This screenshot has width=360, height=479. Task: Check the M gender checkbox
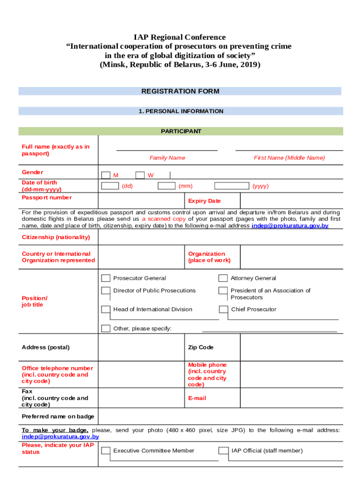106,175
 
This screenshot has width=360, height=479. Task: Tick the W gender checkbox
140,175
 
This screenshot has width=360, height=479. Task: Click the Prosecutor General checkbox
106,278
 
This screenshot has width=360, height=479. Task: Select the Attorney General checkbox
223,278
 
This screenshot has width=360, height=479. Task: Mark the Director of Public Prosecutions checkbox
106,291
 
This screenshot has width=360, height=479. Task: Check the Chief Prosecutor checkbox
223,309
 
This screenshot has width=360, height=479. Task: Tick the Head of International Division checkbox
106,309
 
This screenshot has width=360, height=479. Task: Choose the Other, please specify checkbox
106,328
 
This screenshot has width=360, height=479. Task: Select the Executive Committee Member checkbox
106,451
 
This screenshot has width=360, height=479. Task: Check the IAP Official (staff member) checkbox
223,451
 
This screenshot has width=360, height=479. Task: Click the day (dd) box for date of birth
110,186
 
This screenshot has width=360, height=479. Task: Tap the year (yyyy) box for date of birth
231,186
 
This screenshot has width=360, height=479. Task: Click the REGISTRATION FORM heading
180,91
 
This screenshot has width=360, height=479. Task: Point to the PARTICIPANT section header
181,131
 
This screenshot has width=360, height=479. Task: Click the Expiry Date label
204,201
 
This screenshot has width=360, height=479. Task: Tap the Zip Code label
201,347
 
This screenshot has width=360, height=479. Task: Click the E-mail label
197,398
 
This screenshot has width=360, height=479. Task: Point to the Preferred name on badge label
58,416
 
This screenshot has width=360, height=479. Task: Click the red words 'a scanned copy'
164,219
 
